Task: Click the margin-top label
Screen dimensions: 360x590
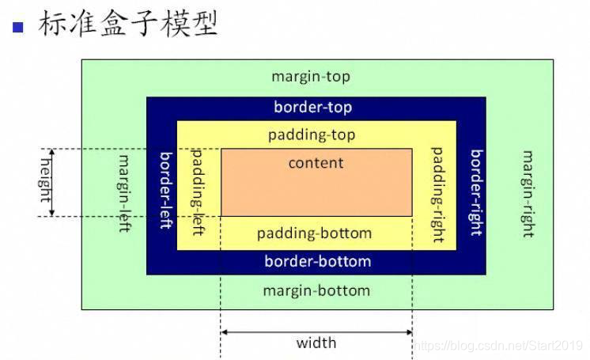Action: point(310,77)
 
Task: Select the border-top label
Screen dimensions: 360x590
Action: point(312,107)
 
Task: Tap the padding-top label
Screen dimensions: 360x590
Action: point(312,135)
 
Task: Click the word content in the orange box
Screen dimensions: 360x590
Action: point(316,163)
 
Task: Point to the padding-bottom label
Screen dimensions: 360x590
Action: point(314,233)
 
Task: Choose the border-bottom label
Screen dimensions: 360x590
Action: point(317,261)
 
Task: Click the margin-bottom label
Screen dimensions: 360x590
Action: point(316,290)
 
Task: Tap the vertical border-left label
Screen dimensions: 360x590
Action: point(166,190)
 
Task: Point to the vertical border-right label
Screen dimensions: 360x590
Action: point(476,192)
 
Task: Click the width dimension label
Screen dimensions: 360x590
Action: point(316,343)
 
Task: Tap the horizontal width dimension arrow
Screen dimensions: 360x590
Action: point(316,331)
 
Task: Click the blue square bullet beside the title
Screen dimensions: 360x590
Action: point(19,28)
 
